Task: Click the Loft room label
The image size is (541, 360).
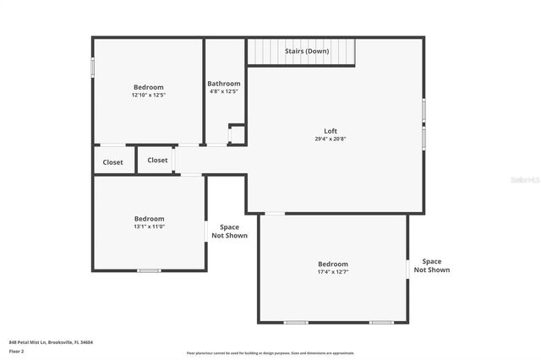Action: (331, 131)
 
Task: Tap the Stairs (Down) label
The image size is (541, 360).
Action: (306, 51)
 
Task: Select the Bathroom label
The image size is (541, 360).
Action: (224, 84)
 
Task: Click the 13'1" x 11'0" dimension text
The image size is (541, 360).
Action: (150, 226)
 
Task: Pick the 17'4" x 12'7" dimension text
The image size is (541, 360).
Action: (332, 272)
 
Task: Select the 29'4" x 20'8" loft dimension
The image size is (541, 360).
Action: (331, 139)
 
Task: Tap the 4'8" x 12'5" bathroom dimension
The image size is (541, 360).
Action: (224, 91)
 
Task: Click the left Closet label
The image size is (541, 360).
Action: (113, 162)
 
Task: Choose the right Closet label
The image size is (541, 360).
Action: (158, 160)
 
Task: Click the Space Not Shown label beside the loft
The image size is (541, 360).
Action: (229, 232)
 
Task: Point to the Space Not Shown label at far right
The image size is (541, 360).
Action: (432, 265)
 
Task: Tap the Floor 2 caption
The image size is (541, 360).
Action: (17, 351)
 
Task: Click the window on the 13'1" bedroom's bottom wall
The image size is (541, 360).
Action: (150, 270)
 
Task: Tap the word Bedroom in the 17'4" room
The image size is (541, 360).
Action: (332, 265)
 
